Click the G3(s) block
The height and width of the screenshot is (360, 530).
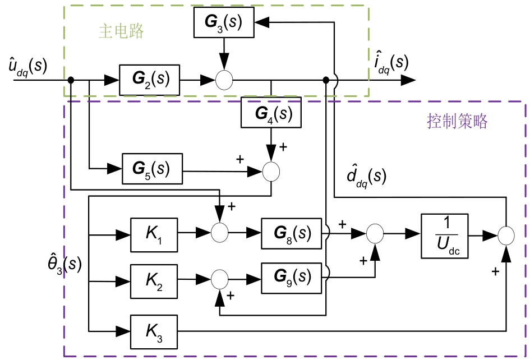(223, 22)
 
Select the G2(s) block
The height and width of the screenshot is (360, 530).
(149, 80)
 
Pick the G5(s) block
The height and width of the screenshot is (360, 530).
(153, 168)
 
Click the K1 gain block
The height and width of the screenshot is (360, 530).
(154, 233)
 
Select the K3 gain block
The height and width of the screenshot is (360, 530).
(154, 331)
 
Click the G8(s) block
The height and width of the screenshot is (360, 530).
(291, 233)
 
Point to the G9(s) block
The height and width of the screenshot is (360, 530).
(291, 278)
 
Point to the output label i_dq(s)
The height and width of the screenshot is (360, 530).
(391, 63)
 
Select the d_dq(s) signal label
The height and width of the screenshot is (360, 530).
(366, 177)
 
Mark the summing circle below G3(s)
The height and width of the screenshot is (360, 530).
(224, 80)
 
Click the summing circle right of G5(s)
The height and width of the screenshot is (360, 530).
(271, 172)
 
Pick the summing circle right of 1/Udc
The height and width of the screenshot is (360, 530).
(506, 236)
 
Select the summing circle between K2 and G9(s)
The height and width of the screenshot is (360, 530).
(219, 279)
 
